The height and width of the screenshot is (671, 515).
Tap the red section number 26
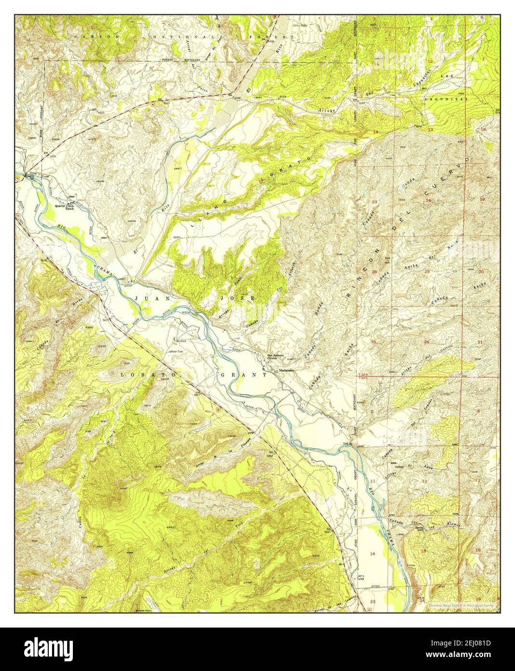pyautogui.click(x=375, y=272)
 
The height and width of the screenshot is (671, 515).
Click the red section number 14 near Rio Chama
pyautogui.click(x=372, y=553)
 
